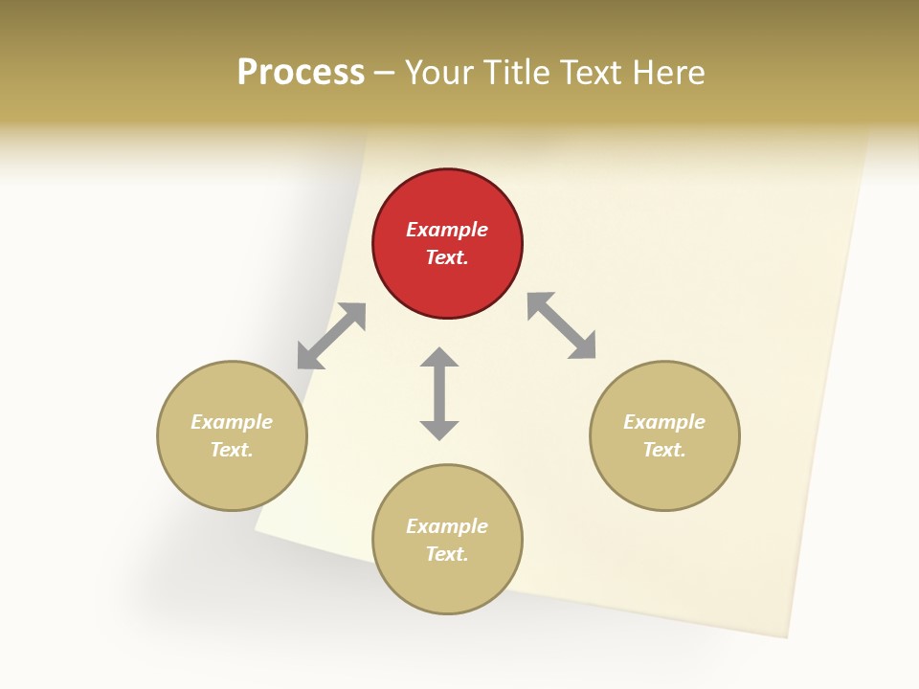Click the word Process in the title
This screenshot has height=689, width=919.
pyautogui.click(x=301, y=73)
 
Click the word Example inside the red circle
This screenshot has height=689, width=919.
pyautogui.click(x=447, y=230)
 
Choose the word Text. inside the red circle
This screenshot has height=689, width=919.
pyautogui.click(x=447, y=257)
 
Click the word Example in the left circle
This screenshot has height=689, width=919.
pyautogui.click(x=232, y=422)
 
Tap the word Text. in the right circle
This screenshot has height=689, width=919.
pyautogui.click(x=664, y=450)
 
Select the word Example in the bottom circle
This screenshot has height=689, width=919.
pyautogui.click(x=447, y=526)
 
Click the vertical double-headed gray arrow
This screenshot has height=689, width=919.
pyautogui.click(x=439, y=393)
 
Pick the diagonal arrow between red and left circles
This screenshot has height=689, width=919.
pyautogui.click(x=331, y=336)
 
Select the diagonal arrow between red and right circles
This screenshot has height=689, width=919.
pyautogui.click(x=562, y=325)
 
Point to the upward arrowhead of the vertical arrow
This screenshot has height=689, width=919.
pyautogui.click(x=439, y=356)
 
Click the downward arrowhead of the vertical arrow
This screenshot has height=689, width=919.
pyautogui.click(x=439, y=430)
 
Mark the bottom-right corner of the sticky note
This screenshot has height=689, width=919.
pyautogui.click(x=787, y=636)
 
